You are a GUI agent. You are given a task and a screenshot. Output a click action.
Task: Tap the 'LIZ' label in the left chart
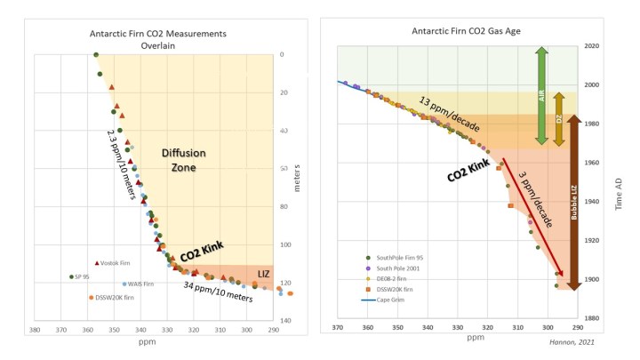[263, 273]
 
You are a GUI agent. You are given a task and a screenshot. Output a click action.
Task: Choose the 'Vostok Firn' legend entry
[111, 263]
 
